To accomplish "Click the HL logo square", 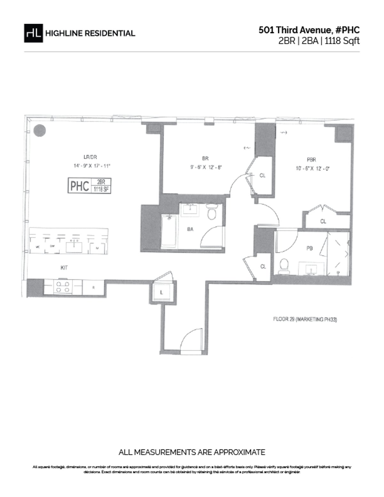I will pyautogui.click(x=34, y=33).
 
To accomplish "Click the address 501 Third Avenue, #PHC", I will pyautogui.click(x=309, y=30).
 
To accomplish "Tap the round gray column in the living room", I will pyautogui.click(x=40, y=130).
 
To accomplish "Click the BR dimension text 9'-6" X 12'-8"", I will pyautogui.click(x=206, y=167).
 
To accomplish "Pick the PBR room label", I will pyautogui.click(x=311, y=159).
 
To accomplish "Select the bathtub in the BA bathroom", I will pyautogui.click(x=169, y=232).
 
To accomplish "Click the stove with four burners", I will pyautogui.click(x=63, y=287).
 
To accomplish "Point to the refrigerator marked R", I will pyautogui.click(x=93, y=288).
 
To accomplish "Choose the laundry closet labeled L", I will pyautogui.click(x=162, y=292).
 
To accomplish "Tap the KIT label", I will pyautogui.click(x=64, y=267).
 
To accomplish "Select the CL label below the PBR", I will pyautogui.click(x=323, y=221).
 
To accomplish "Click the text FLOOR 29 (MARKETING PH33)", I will pyautogui.click(x=305, y=319).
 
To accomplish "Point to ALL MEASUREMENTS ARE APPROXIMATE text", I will pyautogui.click(x=192, y=452).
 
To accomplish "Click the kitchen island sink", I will pyautogui.click(x=74, y=247).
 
